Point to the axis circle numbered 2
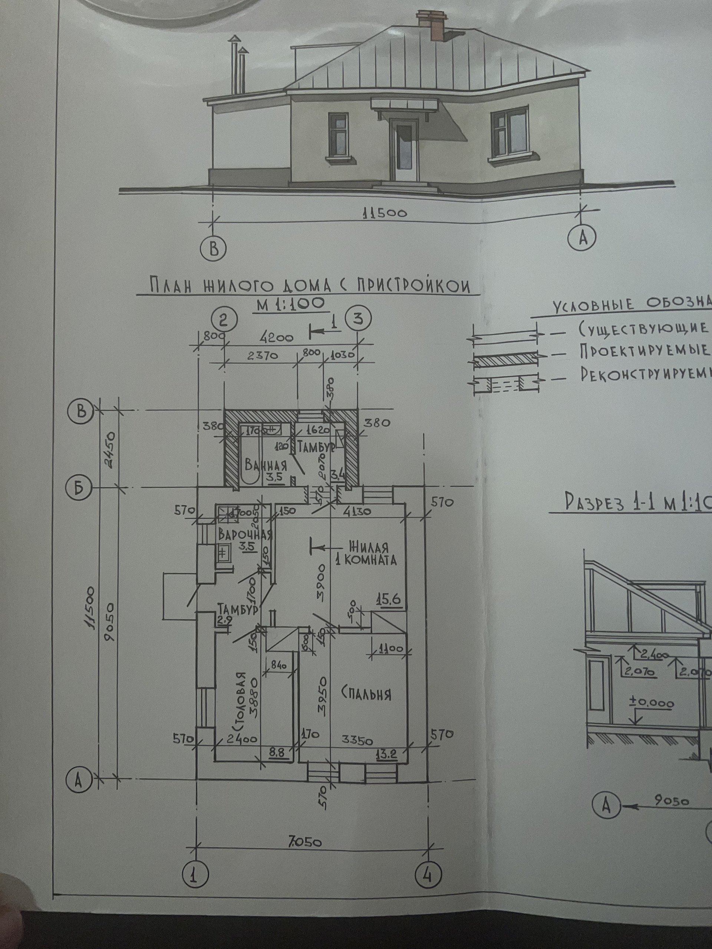(224, 320)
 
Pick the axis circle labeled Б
(79, 488)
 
